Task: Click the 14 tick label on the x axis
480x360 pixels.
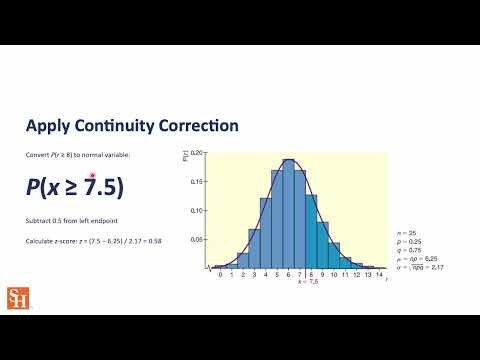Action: pyautogui.click(x=380, y=274)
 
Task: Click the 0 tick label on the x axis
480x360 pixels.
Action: pyautogui.click(x=220, y=274)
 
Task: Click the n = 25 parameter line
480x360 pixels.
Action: pyautogui.click(x=405, y=231)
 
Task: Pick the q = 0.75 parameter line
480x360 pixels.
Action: pyautogui.click(x=407, y=247)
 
